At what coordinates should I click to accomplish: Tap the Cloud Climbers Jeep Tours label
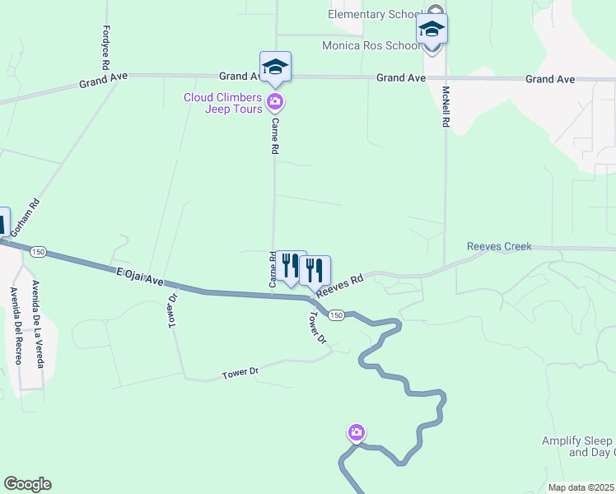(222, 103)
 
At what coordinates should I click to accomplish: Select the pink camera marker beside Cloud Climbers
(275, 103)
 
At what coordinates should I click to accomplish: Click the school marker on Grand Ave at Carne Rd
(275, 68)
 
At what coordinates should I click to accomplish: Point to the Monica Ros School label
(371, 46)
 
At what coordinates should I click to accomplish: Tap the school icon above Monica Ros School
(432, 30)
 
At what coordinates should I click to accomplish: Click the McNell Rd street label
(446, 106)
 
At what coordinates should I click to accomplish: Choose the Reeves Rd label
(340, 285)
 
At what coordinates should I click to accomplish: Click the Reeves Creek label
(499, 246)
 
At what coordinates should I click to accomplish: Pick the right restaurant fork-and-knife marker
(314, 269)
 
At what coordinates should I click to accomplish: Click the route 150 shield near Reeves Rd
(335, 315)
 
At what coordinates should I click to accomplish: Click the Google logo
(27, 484)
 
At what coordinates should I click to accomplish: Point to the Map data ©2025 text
(581, 487)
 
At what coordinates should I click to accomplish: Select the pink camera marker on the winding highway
(356, 432)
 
